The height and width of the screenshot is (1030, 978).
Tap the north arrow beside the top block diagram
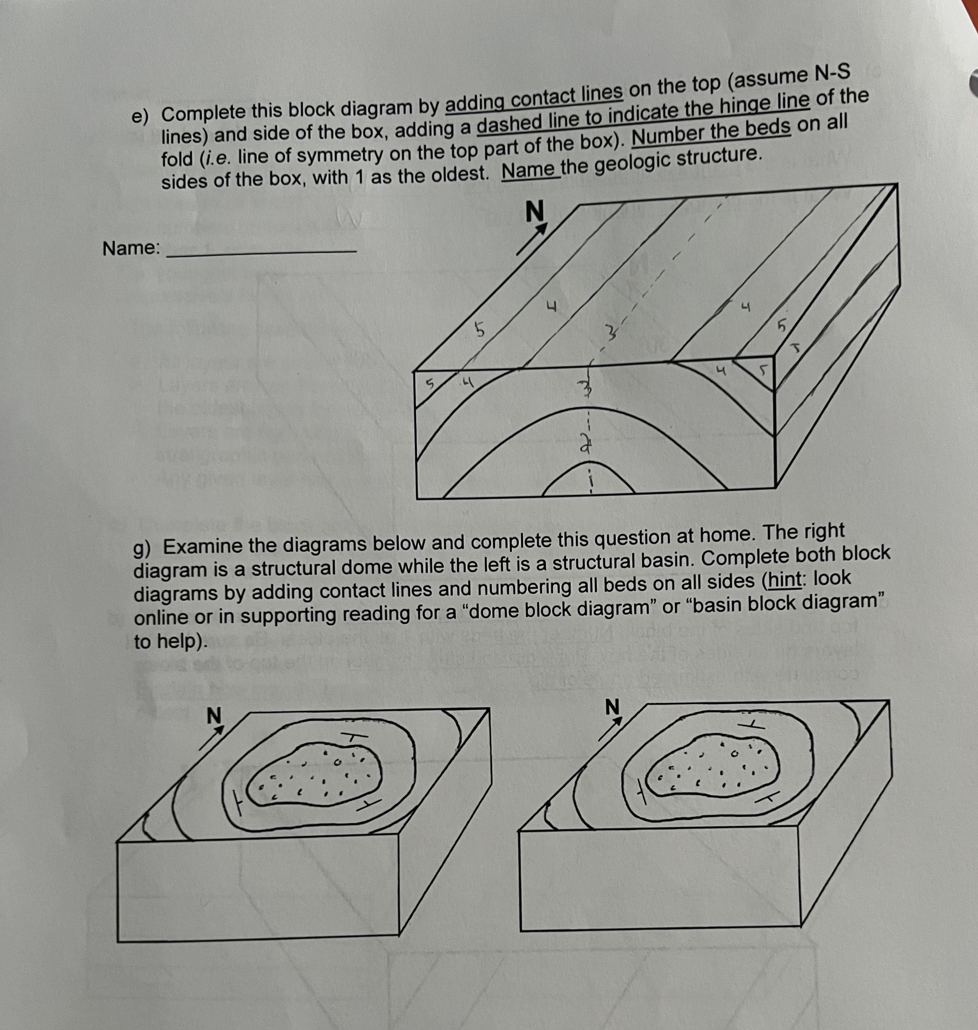[531, 239]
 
